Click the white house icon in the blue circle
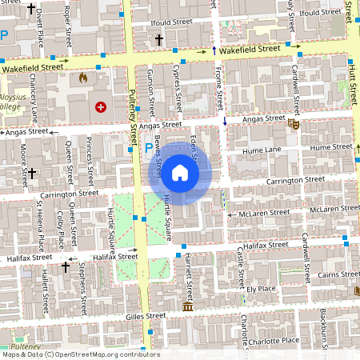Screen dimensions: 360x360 pyautogui.click(x=180, y=172)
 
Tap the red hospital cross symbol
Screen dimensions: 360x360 pyautogui.click(x=101, y=106)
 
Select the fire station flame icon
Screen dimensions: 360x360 pyautogui.click(x=82, y=78)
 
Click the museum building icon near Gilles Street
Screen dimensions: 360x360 pyautogui.click(x=187, y=307)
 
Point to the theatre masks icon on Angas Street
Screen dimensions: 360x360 pyautogui.click(x=294, y=124)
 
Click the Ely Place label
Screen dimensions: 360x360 pyautogui.click(x=262, y=288)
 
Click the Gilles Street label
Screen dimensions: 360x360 pyautogui.click(x=146, y=316)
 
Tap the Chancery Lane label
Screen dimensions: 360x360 pyautogui.click(x=32, y=103)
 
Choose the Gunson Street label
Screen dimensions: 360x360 pyautogui.click(x=150, y=88)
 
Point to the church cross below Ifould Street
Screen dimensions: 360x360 pyautogui.click(x=158, y=39)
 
